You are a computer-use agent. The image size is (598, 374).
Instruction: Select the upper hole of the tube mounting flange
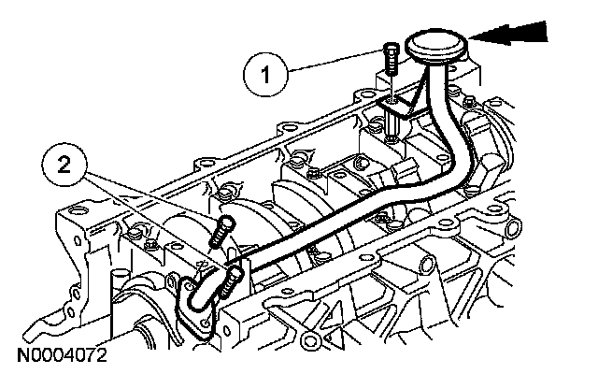pos(194,278)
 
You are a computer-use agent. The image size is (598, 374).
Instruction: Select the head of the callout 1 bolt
pos(391,50)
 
